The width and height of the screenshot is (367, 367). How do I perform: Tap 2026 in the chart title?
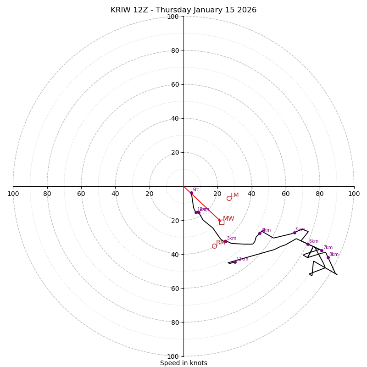click(x=247, y=10)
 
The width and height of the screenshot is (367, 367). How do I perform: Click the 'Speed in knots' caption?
click(x=183, y=363)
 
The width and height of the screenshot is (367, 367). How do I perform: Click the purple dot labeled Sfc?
click(x=191, y=193)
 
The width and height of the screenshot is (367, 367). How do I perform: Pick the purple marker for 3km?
click(x=225, y=241)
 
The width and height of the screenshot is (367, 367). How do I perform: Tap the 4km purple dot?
click(x=260, y=233)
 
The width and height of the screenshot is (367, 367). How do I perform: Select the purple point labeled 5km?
click(x=295, y=233)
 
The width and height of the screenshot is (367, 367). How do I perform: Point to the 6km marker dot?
click(x=308, y=244)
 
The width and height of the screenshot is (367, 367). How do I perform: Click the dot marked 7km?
click(x=322, y=251)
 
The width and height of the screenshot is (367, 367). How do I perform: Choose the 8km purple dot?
click(x=328, y=257)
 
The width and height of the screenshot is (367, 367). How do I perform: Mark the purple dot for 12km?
click(x=235, y=262)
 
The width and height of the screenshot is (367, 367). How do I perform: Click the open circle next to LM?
click(x=229, y=198)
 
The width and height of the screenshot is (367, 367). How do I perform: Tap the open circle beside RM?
click(x=214, y=246)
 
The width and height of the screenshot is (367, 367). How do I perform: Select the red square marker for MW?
click(x=222, y=222)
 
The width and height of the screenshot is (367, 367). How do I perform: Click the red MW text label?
click(x=228, y=219)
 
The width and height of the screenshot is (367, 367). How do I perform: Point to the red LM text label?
click(x=234, y=195)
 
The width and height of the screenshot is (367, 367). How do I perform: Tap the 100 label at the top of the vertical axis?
click(x=173, y=17)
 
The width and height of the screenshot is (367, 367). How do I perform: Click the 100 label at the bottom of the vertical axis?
click(x=173, y=356)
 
